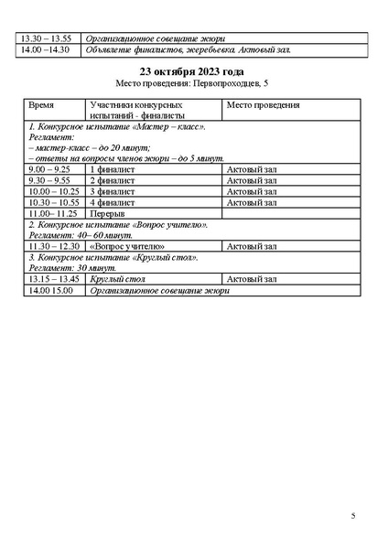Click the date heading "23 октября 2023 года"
pyautogui.click(x=193, y=71)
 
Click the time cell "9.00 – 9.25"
pyautogui.click(x=50, y=170)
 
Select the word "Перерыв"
pyautogui.click(x=107, y=213)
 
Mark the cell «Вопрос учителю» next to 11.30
pyautogui.click(x=127, y=246)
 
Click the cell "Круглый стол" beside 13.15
pyautogui.click(x=114, y=279)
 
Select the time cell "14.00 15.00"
pyautogui.click(x=52, y=291)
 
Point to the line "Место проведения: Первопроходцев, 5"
pyautogui.click(x=193, y=83)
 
